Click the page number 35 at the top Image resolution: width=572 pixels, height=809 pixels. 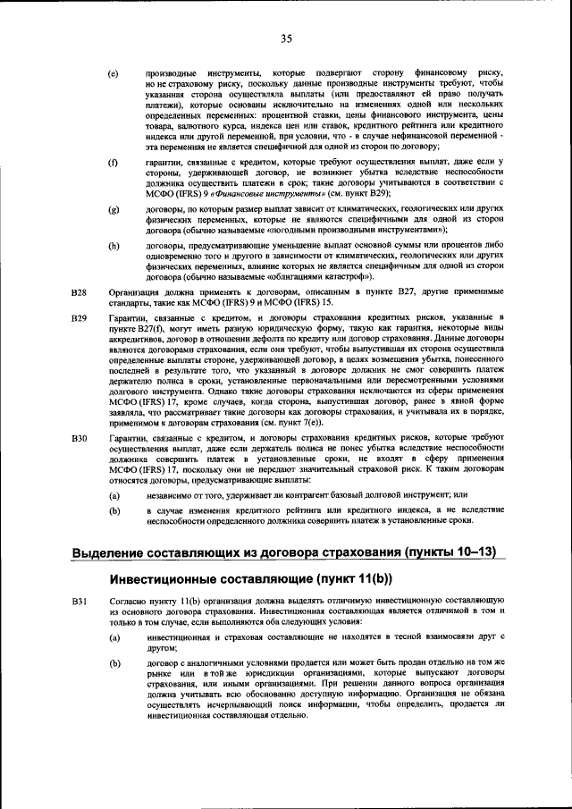(286, 38)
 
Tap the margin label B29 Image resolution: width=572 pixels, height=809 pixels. (79, 318)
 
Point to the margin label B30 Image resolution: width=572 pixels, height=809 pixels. (79, 438)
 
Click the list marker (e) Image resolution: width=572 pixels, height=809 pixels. (114, 72)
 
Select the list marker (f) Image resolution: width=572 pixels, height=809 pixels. (113, 161)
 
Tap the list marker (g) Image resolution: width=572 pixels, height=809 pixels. (114, 209)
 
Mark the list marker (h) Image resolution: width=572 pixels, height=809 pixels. (114, 244)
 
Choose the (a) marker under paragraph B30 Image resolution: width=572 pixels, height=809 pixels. (114, 493)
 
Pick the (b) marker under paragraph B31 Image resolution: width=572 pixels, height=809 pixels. (114, 663)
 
